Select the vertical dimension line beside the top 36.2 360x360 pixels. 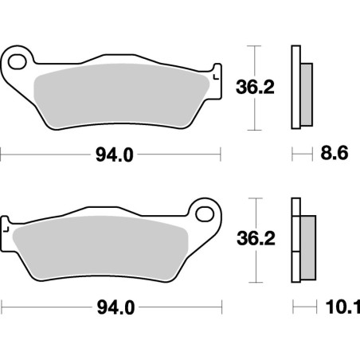254,88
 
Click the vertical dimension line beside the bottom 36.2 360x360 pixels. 254,240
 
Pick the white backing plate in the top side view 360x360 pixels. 296,88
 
